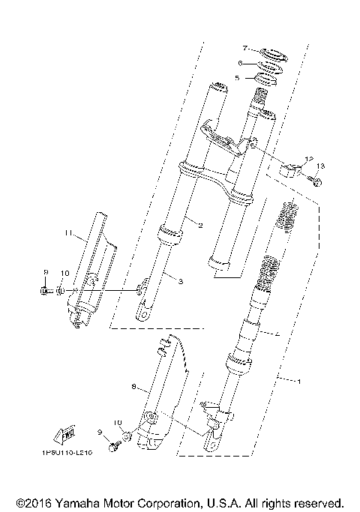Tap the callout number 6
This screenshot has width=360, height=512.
(240, 63)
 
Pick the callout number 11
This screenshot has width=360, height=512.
(67, 234)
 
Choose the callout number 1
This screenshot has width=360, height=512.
(299, 382)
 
